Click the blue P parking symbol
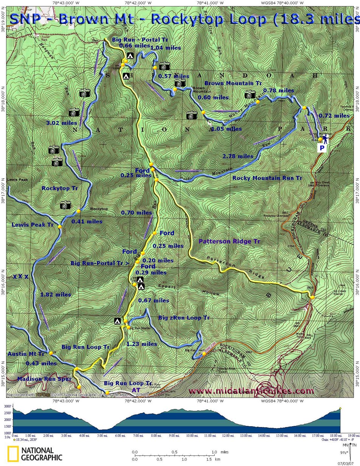(322, 148)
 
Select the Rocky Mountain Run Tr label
(267, 178)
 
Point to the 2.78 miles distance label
(238, 156)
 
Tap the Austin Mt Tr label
(26, 354)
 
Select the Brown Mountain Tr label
(233, 83)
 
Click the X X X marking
(20, 277)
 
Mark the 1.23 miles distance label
(142, 344)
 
